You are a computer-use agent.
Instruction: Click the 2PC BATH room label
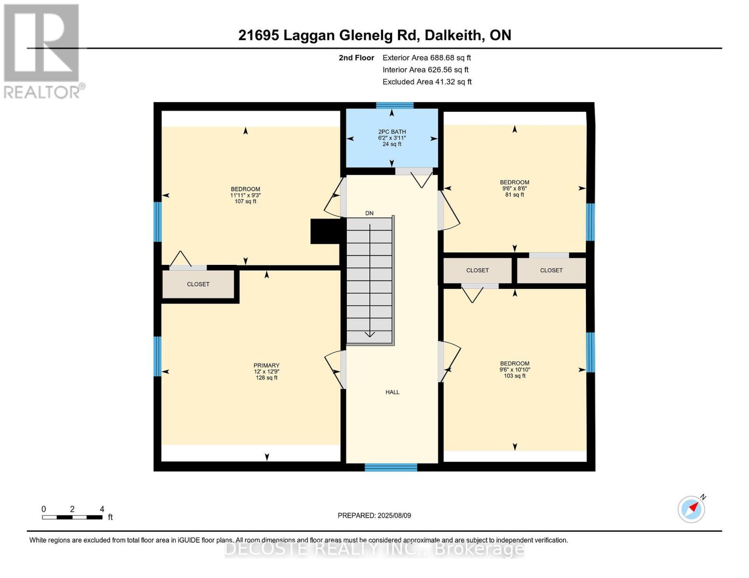point(392,131)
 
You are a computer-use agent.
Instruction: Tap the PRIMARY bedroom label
point(266,365)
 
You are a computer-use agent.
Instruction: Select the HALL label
point(392,392)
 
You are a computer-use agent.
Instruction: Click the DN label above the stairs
point(369,213)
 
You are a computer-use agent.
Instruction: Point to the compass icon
point(691,509)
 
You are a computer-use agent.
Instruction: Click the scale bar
point(72,517)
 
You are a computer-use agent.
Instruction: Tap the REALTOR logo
point(43,52)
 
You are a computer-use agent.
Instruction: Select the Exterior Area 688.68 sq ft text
point(426,58)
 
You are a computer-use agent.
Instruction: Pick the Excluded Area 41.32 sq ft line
point(427,82)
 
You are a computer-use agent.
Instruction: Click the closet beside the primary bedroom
point(198,284)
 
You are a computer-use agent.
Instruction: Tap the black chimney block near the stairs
point(326,231)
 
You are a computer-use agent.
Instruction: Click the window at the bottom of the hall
point(391,468)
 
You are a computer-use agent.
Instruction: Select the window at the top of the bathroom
point(395,105)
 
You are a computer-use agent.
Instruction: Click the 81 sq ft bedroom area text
point(514,195)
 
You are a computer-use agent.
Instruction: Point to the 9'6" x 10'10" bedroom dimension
point(515,370)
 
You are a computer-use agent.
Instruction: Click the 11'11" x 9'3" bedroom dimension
point(245,195)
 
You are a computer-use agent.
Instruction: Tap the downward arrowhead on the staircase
point(369,334)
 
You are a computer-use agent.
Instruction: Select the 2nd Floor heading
point(356,58)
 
